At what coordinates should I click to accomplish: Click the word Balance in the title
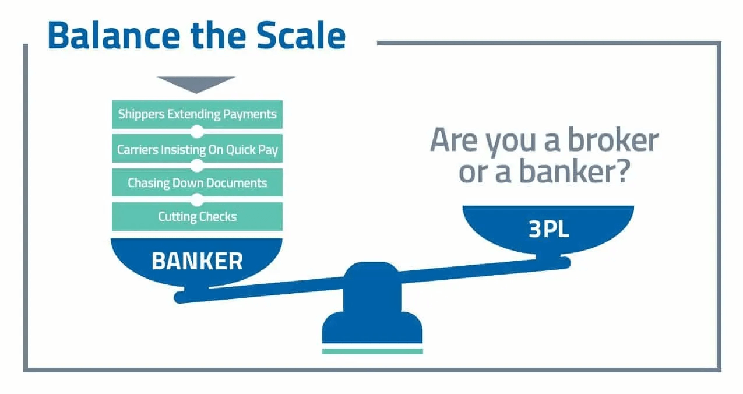pyautogui.click(x=114, y=35)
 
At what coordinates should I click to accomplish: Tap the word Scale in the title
pyautogui.click(x=301, y=35)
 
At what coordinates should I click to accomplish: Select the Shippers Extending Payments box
pyautogui.click(x=197, y=114)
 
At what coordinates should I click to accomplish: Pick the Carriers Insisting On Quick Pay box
pyautogui.click(x=197, y=149)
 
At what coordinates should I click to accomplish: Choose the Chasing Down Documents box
pyautogui.click(x=197, y=182)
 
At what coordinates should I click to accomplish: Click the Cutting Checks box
pyautogui.click(x=197, y=217)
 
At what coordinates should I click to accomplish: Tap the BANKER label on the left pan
pyautogui.click(x=198, y=261)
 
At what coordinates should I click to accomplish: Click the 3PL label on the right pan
pyautogui.click(x=548, y=229)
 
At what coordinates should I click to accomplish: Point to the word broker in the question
pyautogui.click(x=613, y=140)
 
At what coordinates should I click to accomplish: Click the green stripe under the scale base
pyautogui.click(x=372, y=351)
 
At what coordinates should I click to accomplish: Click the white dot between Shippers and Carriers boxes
pyautogui.click(x=197, y=132)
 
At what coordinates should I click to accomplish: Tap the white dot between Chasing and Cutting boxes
pyautogui.click(x=197, y=200)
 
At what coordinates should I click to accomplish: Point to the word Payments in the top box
pyautogui.click(x=249, y=114)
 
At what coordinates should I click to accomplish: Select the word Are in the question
pyautogui.click(x=455, y=140)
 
